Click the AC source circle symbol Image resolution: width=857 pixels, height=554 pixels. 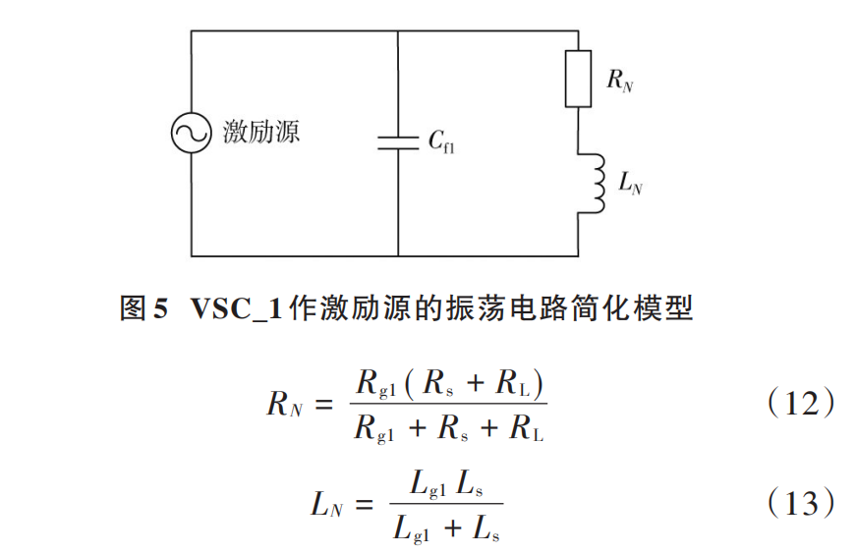[x=191, y=133]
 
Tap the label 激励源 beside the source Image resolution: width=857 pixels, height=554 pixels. [x=260, y=132]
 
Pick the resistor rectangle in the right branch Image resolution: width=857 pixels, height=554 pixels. [x=578, y=78]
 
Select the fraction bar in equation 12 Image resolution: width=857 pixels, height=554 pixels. [x=449, y=405]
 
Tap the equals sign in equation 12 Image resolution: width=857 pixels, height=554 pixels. [x=328, y=404]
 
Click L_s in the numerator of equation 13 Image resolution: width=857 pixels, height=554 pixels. [x=475, y=482]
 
